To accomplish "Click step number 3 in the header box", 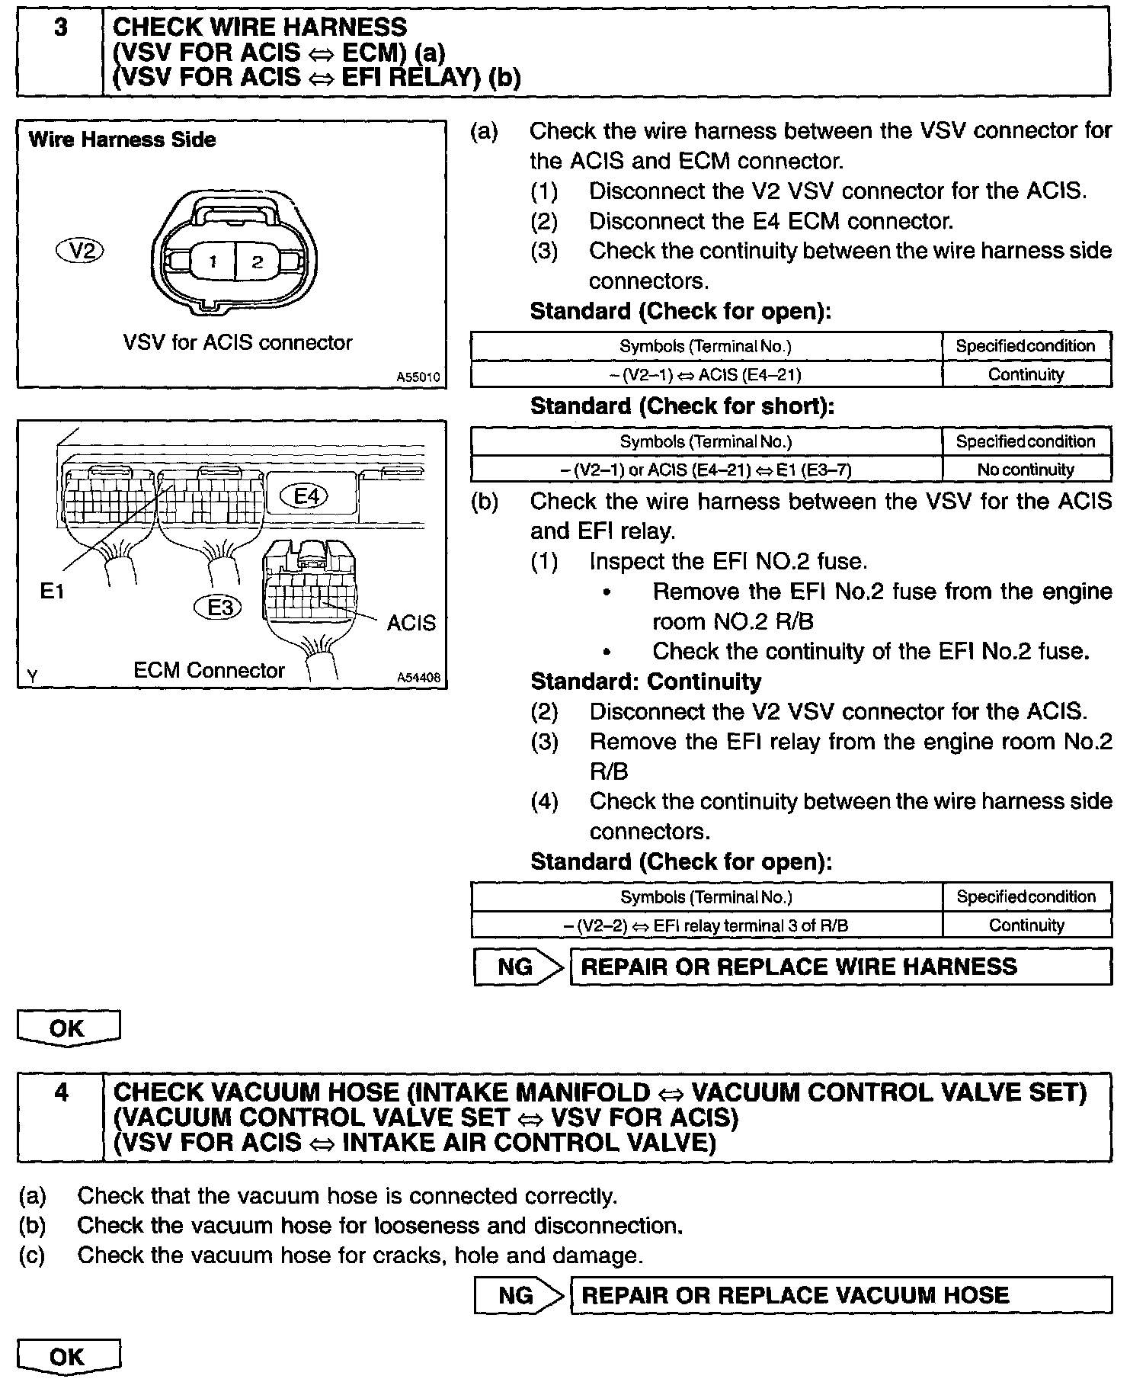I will click(x=60, y=28).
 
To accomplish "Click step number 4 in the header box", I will click(x=61, y=1092).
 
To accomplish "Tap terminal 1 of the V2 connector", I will click(x=213, y=261).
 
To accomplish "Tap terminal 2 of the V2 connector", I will click(x=257, y=261).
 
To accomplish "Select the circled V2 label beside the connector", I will click(x=80, y=250).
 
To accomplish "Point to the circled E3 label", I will click(x=219, y=608).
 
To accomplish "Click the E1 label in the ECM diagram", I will click(x=52, y=592).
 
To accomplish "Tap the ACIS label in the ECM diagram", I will click(x=411, y=623).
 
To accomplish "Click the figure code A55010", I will click(x=418, y=377).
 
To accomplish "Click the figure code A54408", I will click(x=418, y=677).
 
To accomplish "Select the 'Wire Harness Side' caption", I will click(x=122, y=139).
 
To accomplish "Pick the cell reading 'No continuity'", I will click(x=1026, y=470).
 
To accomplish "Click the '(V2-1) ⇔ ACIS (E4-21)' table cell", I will click(x=706, y=374).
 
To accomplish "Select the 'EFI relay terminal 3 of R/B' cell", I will click(x=706, y=925).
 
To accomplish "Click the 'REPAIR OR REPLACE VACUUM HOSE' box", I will click(x=840, y=1295).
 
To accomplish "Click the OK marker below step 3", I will click(x=68, y=1028).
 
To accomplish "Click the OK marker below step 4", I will click(x=68, y=1357).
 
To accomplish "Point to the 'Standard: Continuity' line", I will click(x=645, y=681).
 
